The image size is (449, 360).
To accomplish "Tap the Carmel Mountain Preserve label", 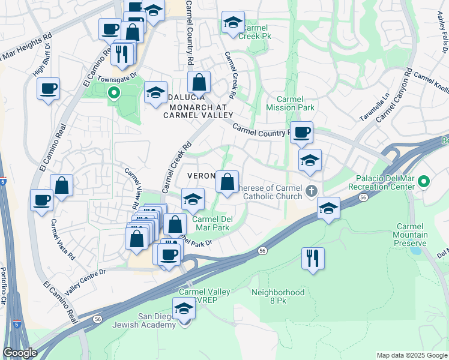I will coord(410,235).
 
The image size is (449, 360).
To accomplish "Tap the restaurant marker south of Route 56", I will coord(313,259).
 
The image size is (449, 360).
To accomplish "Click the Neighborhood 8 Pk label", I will coord(278,296).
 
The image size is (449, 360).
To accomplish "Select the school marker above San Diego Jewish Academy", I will coord(184,310).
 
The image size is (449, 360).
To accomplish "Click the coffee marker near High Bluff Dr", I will coord(48,89).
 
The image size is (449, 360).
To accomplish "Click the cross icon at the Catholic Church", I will coord(311,191).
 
